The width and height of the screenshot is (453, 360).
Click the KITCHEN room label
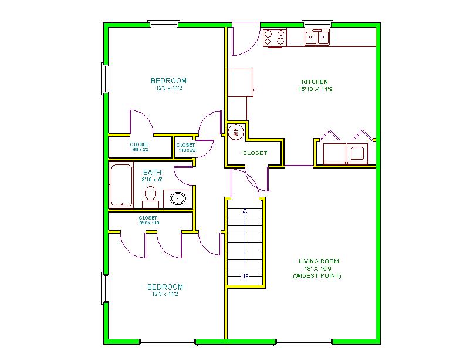[315, 82]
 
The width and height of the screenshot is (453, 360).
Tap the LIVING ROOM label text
[319, 261]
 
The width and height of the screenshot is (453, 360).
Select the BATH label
[152, 172]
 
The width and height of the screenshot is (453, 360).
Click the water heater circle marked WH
[236, 132]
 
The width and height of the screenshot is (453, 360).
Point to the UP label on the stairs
[245, 276]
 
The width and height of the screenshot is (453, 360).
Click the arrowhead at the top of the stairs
[245, 210]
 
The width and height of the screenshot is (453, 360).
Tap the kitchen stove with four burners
[275, 38]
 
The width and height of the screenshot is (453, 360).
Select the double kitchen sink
[317, 37]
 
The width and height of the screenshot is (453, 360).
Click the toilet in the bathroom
[151, 197]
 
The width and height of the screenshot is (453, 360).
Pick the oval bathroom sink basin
[177, 198]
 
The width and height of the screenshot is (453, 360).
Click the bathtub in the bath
[121, 185]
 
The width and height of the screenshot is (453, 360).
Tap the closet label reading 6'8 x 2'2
[140, 150]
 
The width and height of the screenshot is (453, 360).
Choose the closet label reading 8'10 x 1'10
[149, 223]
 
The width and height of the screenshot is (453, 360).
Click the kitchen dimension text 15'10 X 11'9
[315, 89]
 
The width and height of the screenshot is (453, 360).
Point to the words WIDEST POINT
[317, 276]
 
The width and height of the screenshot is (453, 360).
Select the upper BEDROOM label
[169, 80]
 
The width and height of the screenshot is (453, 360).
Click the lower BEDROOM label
[165, 287]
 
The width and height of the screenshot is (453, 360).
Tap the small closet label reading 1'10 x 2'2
[187, 150]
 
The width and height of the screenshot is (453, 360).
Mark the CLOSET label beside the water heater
[255, 153]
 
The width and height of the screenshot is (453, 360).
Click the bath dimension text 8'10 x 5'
[152, 180]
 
